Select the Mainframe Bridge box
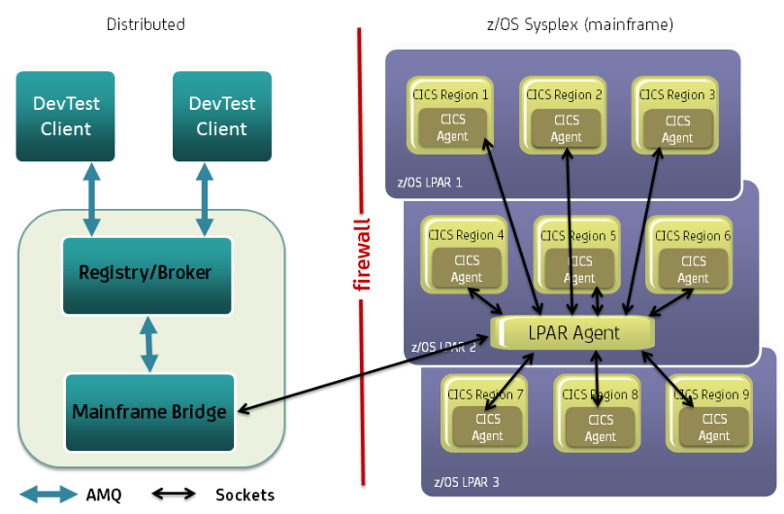148,411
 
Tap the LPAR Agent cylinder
573,332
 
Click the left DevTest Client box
66,116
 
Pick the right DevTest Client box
221,116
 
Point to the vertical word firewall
362,254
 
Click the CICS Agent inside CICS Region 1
452,127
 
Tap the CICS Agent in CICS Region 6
693,269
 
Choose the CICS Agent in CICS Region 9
713,428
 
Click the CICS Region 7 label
486,394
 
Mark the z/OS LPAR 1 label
430,182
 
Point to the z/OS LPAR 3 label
467,482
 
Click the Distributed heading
146,24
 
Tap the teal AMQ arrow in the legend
48,495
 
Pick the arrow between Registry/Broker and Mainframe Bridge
148,343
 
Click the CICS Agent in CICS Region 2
566,127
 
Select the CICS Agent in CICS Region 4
466,269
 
